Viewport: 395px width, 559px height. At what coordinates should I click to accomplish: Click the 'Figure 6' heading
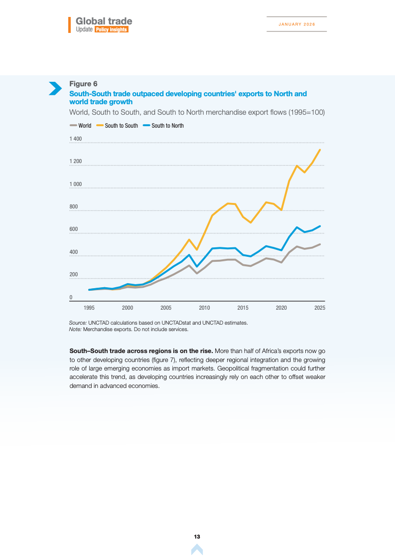click(x=83, y=83)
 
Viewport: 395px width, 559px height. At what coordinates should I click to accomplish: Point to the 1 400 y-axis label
click(x=75, y=139)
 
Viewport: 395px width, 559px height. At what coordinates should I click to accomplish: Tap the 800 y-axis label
click(x=73, y=207)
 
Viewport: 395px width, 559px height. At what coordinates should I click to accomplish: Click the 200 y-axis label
click(x=73, y=275)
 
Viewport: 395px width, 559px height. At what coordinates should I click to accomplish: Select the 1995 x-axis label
click(x=89, y=308)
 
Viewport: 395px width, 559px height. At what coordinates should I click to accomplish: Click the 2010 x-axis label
click(x=204, y=308)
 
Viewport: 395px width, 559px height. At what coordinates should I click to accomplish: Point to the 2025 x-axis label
click(x=320, y=308)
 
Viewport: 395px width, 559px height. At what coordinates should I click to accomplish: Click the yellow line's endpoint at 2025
click(x=320, y=150)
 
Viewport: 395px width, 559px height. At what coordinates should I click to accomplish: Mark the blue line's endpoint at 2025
click(x=320, y=226)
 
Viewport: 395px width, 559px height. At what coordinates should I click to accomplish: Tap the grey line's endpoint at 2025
click(x=320, y=244)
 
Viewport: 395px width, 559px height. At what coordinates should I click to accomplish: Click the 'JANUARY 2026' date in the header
click(x=296, y=24)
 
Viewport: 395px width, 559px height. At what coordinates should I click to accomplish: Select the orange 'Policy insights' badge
click(x=112, y=30)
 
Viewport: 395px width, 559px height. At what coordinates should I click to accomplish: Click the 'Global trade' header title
click(x=104, y=21)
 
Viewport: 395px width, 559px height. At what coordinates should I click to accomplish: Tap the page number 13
click(x=197, y=537)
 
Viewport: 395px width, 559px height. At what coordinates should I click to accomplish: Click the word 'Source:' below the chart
click(x=78, y=323)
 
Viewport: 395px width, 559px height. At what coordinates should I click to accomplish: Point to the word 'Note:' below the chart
click(x=75, y=329)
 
